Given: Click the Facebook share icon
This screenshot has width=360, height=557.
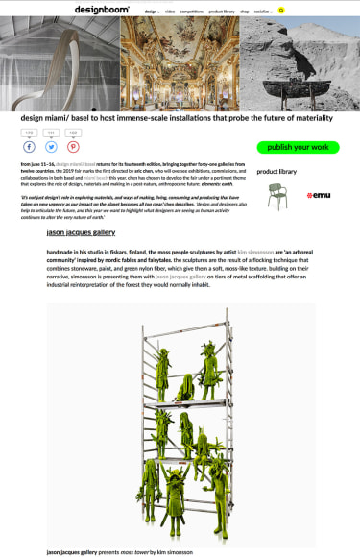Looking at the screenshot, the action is pyautogui.click(x=29, y=147).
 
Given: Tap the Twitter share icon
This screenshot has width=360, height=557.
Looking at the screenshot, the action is pyautogui.click(x=51, y=147).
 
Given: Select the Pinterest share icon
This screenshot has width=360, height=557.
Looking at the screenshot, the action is pyautogui.click(x=73, y=147).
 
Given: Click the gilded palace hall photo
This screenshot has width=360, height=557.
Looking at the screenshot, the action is pyautogui.click(x=180, y=65).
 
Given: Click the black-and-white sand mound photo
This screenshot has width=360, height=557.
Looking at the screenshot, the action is pyautogui.click(x=300, y=65).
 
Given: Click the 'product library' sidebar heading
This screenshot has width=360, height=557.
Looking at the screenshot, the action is pyautogui.click(x=276, y=172).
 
